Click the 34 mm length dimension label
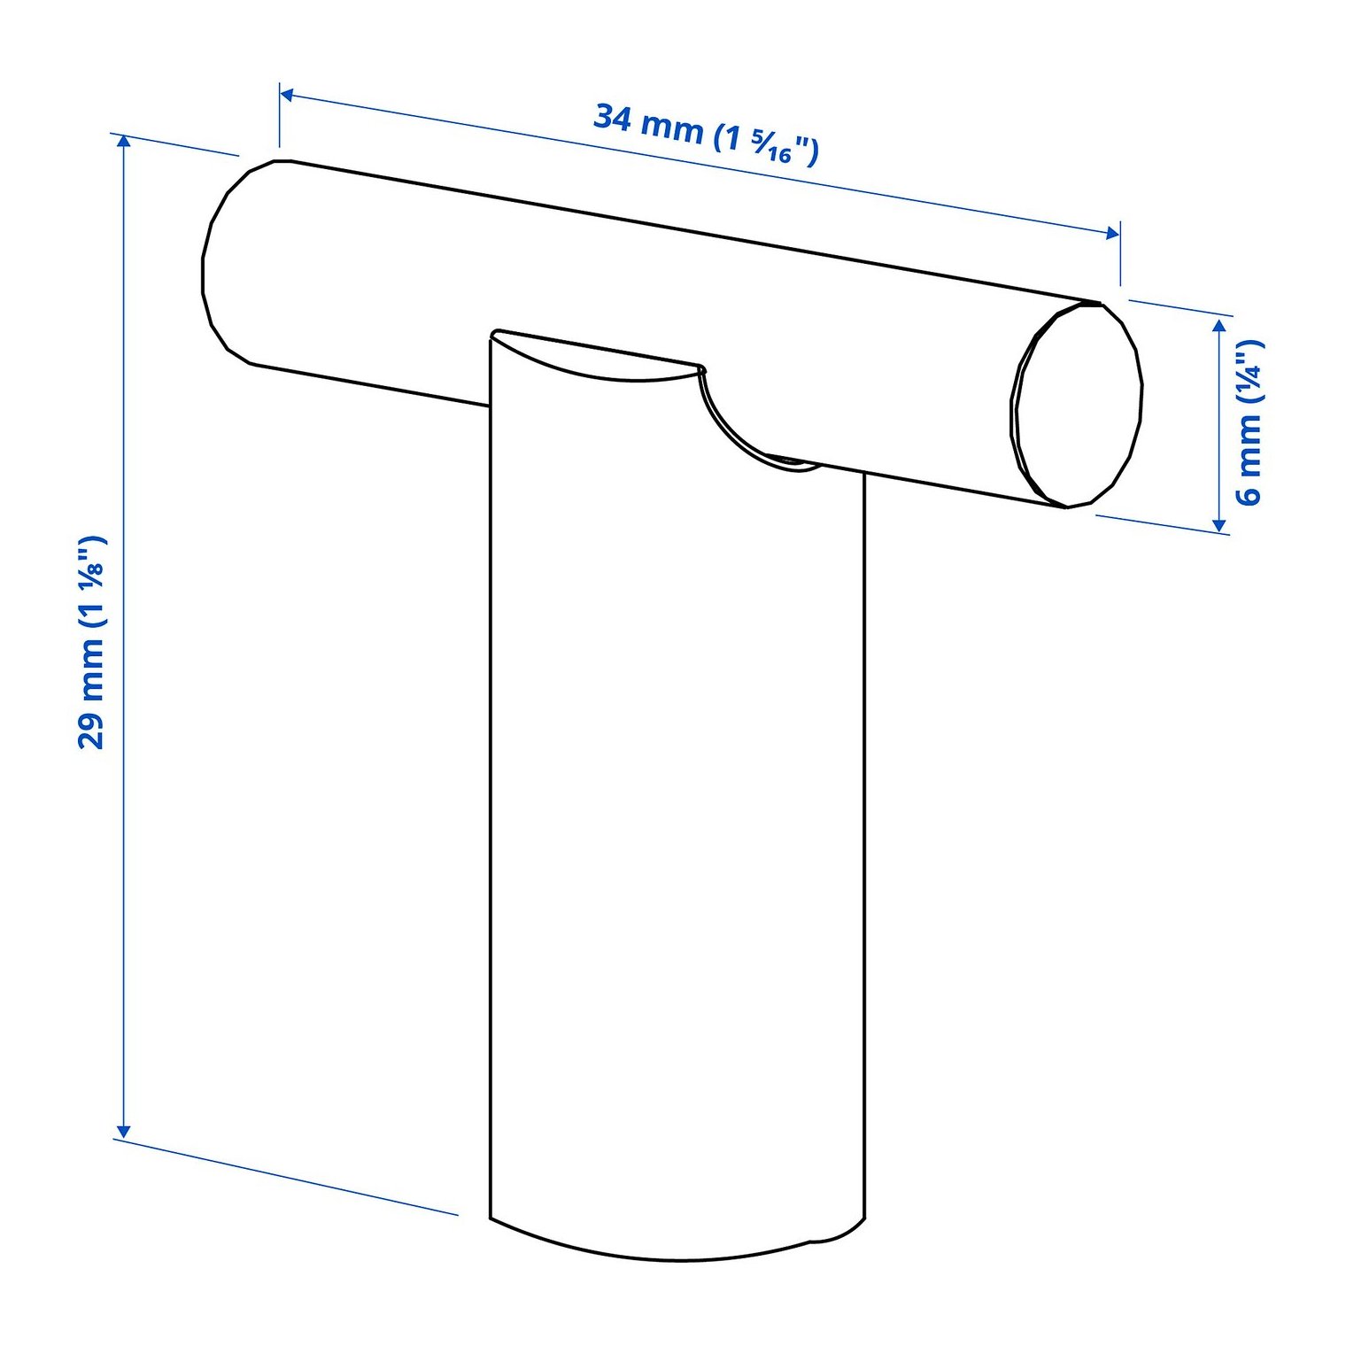coord(706,134)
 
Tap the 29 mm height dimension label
coord(92,642)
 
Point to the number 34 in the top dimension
coord(612,117)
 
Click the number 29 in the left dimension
coord(92,731)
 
